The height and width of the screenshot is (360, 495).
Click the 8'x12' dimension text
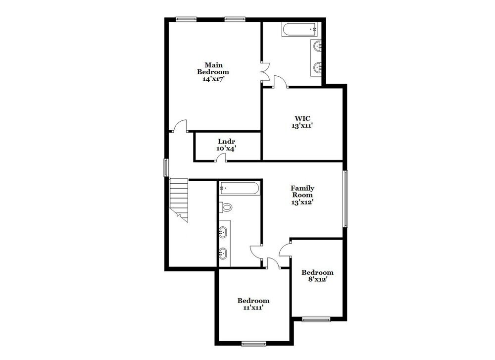click(x=317, y=279)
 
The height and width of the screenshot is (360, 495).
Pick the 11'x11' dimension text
click(x=253, y=308)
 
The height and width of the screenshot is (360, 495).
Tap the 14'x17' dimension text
click(x=214, y=79)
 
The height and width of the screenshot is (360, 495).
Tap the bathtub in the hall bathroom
click(x=239, y=188)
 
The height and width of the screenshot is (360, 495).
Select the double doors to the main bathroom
click(x=265, y=70)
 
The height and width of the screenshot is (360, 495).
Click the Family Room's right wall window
click(x=346, y=199)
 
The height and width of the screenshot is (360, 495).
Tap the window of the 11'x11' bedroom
click(x=252, y=343)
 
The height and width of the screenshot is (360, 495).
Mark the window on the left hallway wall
click(x=166, y=167)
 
